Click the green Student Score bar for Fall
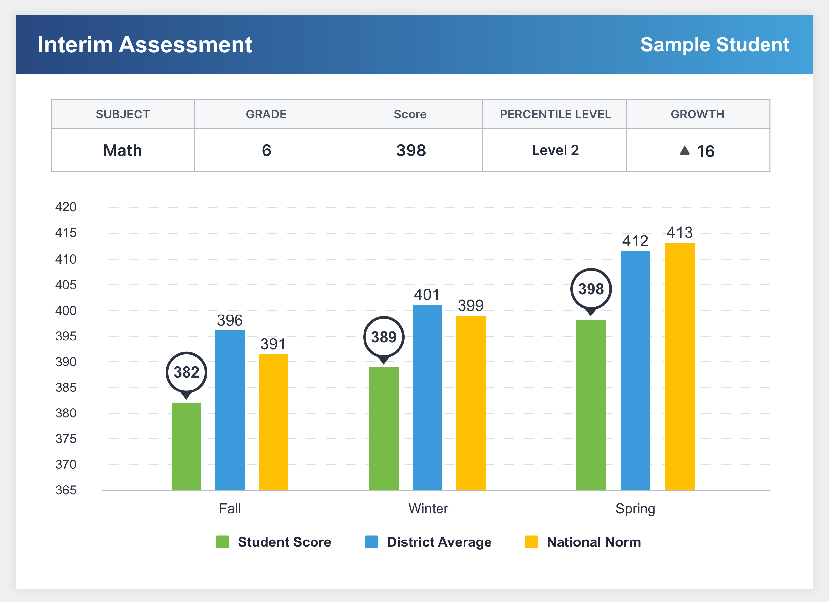click(x=187, y=446)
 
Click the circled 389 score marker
click(x=384, y=337)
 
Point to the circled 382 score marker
click(x=187, y=372)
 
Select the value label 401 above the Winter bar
click(x=427, y=295)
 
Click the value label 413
click(x=680, y=233)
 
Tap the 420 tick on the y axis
click(x=66, y=207)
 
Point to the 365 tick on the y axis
click(x=66, y=490)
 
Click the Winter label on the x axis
click(x=428, y=509)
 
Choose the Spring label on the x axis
click(x=635, y=509)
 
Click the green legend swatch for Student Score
click(x=222, y=542)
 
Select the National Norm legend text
click(x=593, y=542)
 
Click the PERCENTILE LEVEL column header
click(x=555, y=114)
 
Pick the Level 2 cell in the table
click(x=555, y=150)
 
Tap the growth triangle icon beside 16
click(x=685, y=151)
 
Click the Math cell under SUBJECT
click(x=123, y=150)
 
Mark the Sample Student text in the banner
click(x=715, y=45)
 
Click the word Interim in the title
click(x=75, y=45)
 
